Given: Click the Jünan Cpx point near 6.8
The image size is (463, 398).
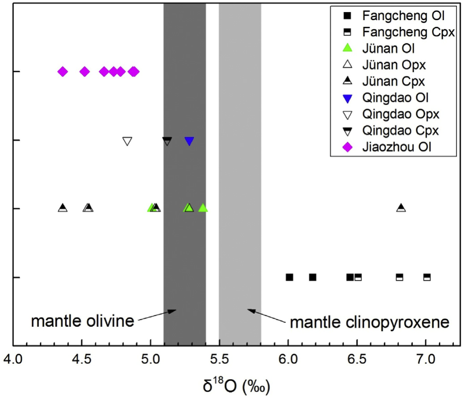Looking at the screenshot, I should (x=401, y=208).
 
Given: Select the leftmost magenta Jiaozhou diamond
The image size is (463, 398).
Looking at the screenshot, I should (x=63, y=72).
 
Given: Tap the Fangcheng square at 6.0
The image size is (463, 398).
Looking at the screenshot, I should (x=289, y=277).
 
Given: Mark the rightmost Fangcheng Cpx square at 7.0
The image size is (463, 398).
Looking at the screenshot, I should (x=427, y=277).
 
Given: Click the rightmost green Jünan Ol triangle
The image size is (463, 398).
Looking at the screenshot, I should (x=203, y=208).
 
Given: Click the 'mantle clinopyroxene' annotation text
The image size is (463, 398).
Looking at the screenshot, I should (x=370, y=322).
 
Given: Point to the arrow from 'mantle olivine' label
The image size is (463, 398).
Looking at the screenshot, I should (x=158, y=315).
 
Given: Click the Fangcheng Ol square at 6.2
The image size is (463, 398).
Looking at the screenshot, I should (x=313, y=277).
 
